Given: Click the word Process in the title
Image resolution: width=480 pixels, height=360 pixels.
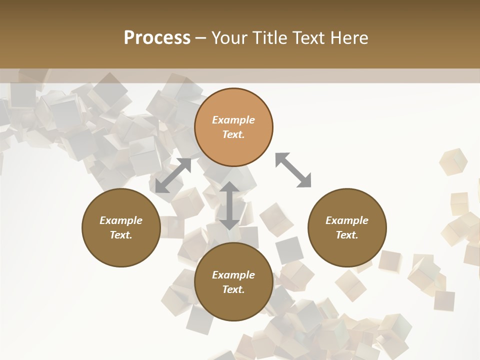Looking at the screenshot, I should tap(157, 38).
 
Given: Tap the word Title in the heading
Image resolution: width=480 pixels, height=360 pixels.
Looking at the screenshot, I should tap(268, 38).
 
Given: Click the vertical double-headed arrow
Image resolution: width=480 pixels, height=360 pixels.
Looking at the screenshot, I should tap(229, 205).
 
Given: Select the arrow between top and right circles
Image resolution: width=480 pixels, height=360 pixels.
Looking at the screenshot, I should tap(293, 170).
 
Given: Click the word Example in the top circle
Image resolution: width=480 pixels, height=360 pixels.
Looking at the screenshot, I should tap(233, 120).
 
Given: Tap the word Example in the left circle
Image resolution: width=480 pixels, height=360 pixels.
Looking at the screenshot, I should tap(121, 220).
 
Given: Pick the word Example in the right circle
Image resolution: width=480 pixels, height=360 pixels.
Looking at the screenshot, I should tap(347, 220).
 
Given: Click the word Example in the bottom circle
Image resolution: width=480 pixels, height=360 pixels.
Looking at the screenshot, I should tap(233, 275).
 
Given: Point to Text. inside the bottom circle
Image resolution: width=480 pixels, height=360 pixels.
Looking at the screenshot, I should tap(233, 289).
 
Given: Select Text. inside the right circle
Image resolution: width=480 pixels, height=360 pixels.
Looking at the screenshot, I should tap(347, 235).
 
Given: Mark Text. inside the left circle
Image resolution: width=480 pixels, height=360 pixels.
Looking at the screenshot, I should tap(121, 235).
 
